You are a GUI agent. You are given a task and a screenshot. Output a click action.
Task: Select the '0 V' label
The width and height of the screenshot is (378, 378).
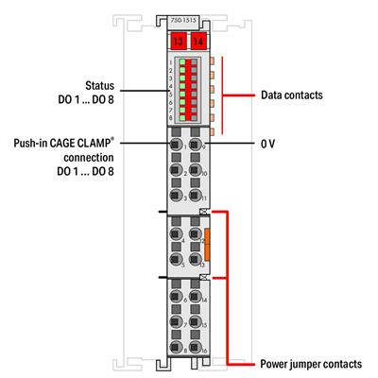coord(267,144)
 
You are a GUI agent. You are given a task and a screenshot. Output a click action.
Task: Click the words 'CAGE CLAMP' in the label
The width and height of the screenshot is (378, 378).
coord(87,144)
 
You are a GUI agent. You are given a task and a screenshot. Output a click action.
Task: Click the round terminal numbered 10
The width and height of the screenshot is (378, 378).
coord(196,172)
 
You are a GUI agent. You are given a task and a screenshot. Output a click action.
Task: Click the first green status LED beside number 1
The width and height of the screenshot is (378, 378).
coord(175,62)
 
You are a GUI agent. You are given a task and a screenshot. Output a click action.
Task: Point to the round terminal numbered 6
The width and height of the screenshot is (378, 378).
coord(177,304)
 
